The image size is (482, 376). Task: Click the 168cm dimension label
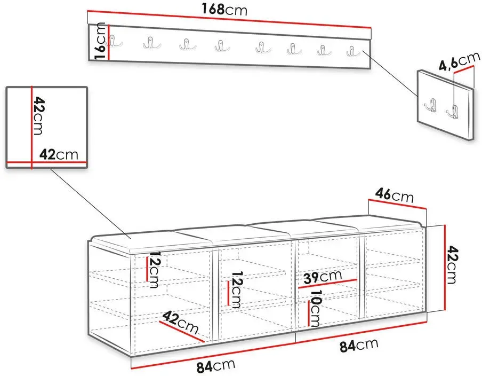224,9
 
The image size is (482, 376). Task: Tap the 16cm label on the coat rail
100,41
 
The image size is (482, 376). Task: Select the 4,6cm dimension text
459,61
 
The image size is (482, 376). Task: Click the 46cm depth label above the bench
395,196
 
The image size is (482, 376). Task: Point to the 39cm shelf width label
323,277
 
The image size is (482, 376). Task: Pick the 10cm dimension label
316,308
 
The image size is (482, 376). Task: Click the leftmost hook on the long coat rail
113,41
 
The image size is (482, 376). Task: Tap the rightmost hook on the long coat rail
353,51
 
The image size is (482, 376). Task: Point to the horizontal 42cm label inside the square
59,154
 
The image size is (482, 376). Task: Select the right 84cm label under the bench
359,346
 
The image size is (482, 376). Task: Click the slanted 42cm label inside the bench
180,323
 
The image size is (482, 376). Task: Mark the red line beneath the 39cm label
327,284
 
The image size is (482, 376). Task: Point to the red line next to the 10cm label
309,313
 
